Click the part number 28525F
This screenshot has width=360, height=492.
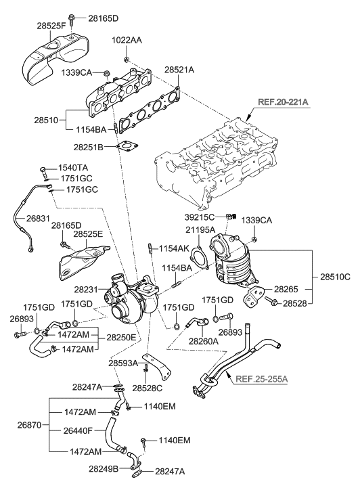[x=51, y=26]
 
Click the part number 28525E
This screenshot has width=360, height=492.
[x=89, y=233]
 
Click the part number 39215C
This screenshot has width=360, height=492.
[x=201, y=217]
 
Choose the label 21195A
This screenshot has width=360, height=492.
[x=201, y=231]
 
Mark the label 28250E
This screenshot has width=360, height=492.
[x=122, y=336]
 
